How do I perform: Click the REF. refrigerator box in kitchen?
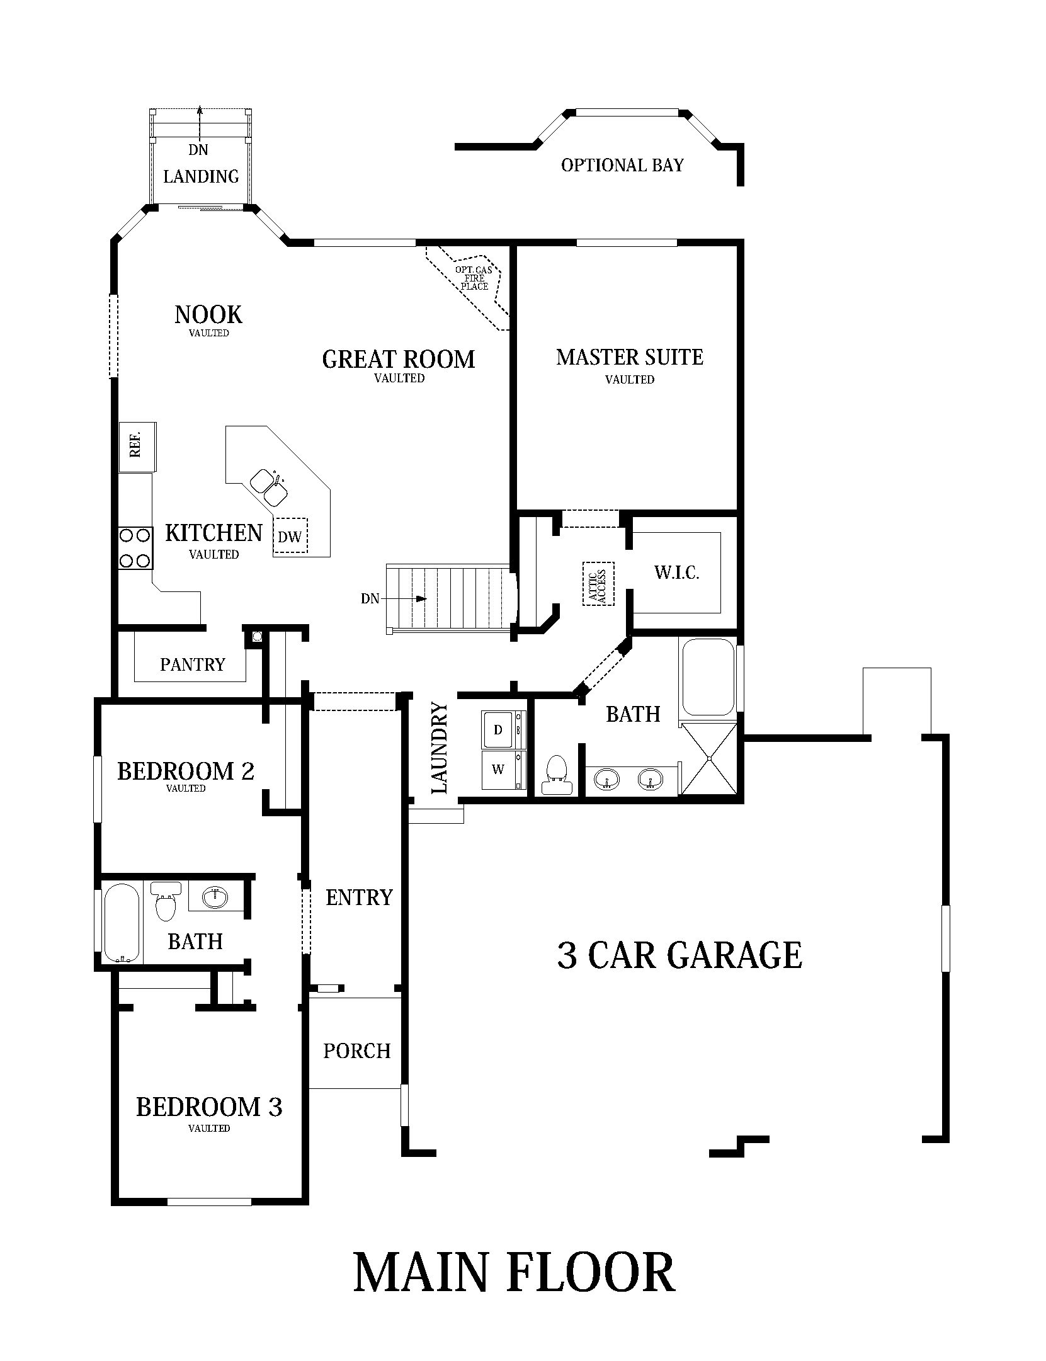tap(137, 447)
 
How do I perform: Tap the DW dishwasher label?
tap(290, 537)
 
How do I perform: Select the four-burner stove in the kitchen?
tap(135, 548)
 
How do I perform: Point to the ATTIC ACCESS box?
tap(598, 584)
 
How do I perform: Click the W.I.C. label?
tap(676, 572)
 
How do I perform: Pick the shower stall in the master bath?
tap(709, 758)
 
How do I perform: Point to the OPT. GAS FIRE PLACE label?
tap(474, 278)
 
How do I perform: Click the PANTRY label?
tap(192, 664)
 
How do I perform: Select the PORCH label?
tap(357, 1051)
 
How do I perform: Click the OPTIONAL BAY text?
tap(622, 165)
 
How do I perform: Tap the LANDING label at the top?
tap(201, 176)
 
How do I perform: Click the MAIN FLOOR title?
tap(514, 1272)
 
